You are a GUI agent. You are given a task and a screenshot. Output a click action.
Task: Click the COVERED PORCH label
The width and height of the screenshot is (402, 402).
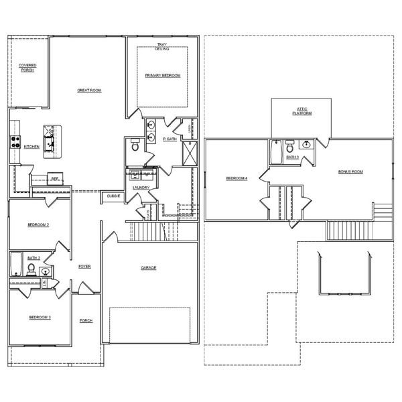[27, 68]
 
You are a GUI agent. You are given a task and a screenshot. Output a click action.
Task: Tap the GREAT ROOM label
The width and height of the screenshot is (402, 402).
[88, 90]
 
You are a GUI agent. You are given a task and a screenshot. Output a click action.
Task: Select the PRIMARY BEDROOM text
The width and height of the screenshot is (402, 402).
[163, 76]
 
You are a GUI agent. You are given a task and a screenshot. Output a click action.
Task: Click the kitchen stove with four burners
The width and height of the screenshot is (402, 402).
[13, 141]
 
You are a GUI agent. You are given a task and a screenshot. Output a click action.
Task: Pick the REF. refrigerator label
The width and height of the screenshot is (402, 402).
[56, 178]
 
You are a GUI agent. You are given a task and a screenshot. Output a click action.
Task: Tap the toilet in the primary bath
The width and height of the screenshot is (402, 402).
[135, 145]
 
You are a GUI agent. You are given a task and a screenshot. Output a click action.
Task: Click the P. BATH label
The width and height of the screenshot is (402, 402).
[170, 139]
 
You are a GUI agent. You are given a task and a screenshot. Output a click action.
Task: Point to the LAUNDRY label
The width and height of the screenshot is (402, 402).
[141, 188]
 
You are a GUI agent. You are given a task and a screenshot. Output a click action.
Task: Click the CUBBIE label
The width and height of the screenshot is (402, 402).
[113, 196]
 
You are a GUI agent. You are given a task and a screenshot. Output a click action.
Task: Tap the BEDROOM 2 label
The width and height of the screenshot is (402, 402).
[38, 224]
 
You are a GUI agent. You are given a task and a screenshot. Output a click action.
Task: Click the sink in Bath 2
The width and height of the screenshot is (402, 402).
[44, 271]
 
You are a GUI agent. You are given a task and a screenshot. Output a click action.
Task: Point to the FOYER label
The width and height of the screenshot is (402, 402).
[84, 266]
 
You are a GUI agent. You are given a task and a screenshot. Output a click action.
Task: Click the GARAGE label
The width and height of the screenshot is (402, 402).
[148, 267]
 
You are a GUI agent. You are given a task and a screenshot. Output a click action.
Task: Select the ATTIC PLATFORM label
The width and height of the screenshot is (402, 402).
[301, 112]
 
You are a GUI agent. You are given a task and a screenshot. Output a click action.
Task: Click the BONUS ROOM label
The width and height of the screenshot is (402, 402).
[350, 172]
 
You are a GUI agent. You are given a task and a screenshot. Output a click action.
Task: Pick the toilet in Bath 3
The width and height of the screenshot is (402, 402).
[290, 145]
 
